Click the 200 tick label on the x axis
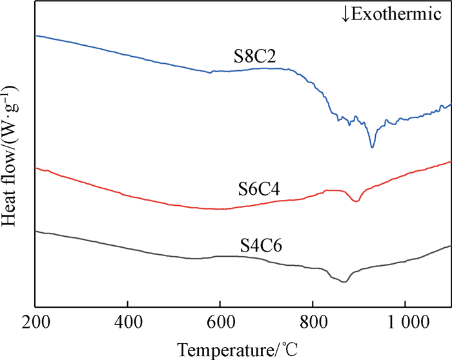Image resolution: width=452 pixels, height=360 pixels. pyautogui.click(x=36, y=321)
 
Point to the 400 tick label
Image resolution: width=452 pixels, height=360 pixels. pyautogui.click(x=128, y=321)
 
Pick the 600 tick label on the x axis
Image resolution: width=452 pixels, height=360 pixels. pyautogui.click(x=220, y=321)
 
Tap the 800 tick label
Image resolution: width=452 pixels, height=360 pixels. pyautogui.click(x=313, y=321)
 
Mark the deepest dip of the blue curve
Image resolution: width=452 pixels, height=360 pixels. pyautogui.click(x=372, y=147)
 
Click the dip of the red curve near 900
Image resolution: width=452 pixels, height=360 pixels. pyautogui.click(x=355, y=201)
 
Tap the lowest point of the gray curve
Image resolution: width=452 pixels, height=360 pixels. pyautogui.click(x=344, y=281)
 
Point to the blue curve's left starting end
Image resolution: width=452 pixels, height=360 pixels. pyautogui.click(x=36, y=35)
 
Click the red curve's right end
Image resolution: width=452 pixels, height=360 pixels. pyautogui.click(x=449, y=162)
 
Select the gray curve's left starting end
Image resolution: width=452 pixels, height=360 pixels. pyautogui.click(x=36, y=231)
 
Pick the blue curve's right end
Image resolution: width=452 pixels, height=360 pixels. pyautogui.click(x=449, y=105)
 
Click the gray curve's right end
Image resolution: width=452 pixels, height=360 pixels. pyautogui.click(x=449, y=246)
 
